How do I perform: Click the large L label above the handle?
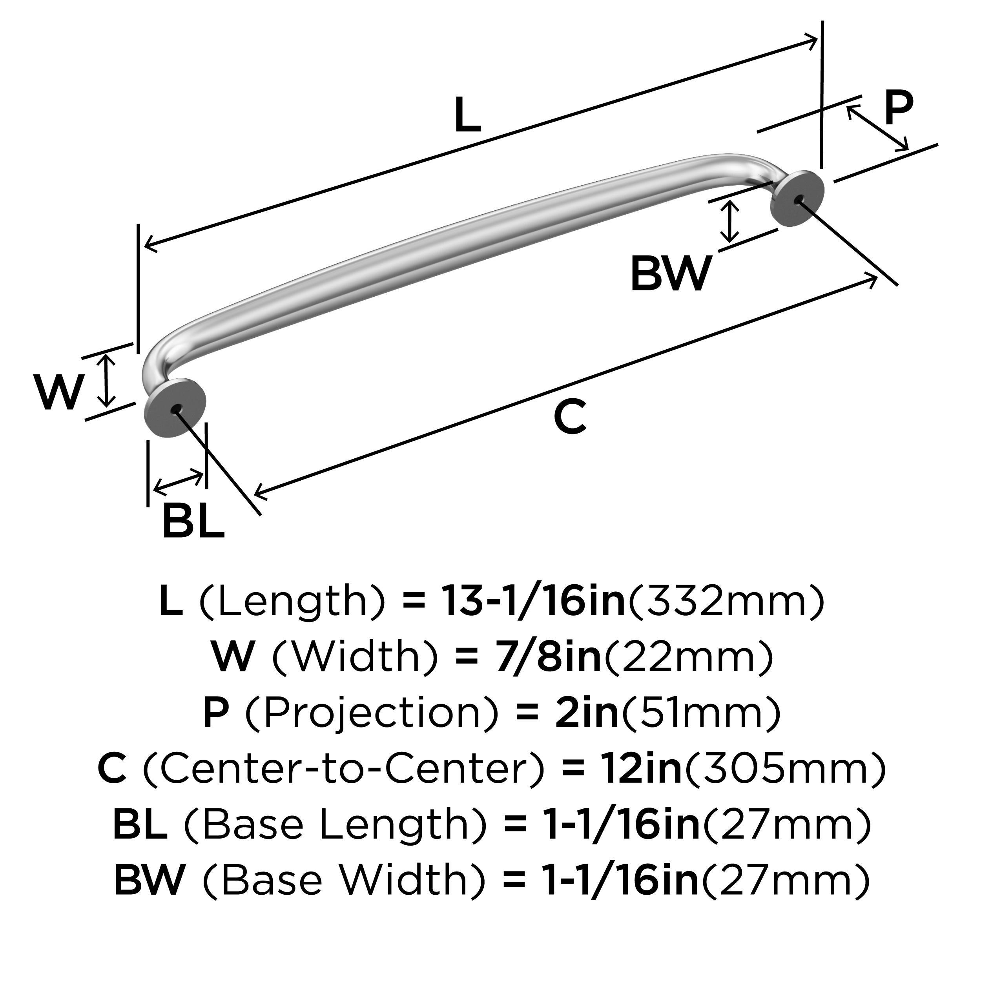point(467,115)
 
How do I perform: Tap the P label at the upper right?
point(899,108)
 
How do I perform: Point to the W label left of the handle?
point(58,392)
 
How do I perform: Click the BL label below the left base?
point(193,521)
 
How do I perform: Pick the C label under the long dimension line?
point(570,418)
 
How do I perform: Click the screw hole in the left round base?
point(177,409)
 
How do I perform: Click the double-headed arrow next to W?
point(106,381)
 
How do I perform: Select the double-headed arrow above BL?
point(178,482)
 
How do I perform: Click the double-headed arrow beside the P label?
point(877,128)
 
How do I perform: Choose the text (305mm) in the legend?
point(784,769)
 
